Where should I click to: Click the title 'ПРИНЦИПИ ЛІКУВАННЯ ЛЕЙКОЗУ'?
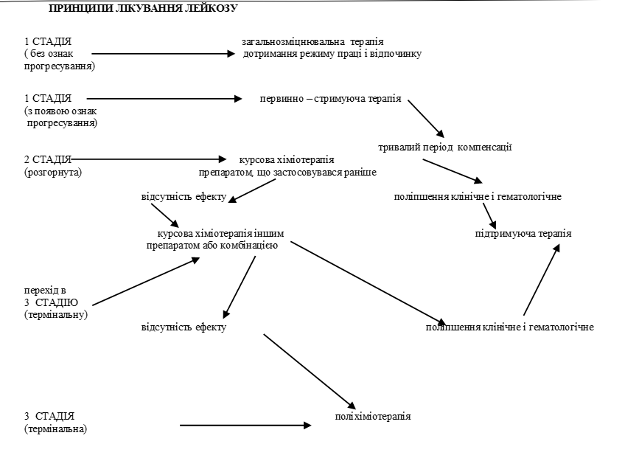point(143,10)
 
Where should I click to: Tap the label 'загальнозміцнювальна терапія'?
point(312,41)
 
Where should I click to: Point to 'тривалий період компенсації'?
point(445,147)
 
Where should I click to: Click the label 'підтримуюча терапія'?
point(523,234)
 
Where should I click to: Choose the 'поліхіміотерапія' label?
point(372,416)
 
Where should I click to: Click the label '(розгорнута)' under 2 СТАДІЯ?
point(52,172)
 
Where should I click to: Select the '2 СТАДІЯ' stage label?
point(48,159)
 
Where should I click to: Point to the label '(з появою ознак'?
point(60,111)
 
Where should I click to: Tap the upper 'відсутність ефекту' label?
point(184,198)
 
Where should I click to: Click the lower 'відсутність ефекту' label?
point(184,327)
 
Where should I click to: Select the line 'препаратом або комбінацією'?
point(212,246)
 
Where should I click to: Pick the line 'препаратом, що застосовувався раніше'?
point(287,172)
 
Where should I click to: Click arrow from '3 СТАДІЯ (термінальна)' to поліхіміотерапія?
point(245,425)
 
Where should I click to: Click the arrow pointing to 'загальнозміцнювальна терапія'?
point(162,54)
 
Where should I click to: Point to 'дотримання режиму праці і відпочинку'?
point(332,54)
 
